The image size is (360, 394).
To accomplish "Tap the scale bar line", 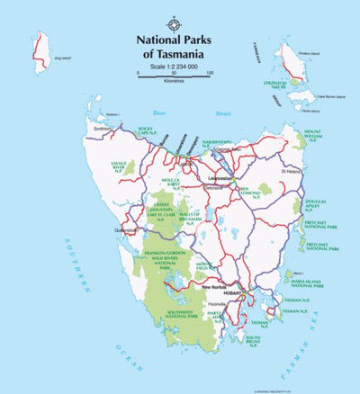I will click(174, 78).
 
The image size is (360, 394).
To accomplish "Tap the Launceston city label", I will click(220, 180).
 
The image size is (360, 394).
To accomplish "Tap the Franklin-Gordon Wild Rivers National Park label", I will click(163, 262).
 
